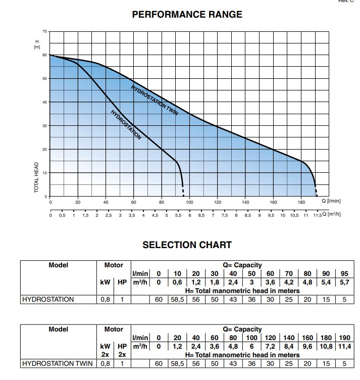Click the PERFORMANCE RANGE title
187,14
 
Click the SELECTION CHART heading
187,245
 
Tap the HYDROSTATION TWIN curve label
155,101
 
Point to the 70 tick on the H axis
44,31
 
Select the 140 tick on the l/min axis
245,202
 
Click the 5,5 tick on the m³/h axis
178,215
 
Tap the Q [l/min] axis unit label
331,201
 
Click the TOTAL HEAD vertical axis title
36,177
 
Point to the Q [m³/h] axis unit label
331,214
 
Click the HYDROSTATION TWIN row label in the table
58,363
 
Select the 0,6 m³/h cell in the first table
177,282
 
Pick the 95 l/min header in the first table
344,273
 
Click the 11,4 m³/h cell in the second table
344,346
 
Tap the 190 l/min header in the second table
344,338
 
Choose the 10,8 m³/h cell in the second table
326,346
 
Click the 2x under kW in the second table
105,355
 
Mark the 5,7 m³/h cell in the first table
344,282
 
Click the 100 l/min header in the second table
251,338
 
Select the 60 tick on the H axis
44,55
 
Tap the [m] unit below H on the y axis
37,47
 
